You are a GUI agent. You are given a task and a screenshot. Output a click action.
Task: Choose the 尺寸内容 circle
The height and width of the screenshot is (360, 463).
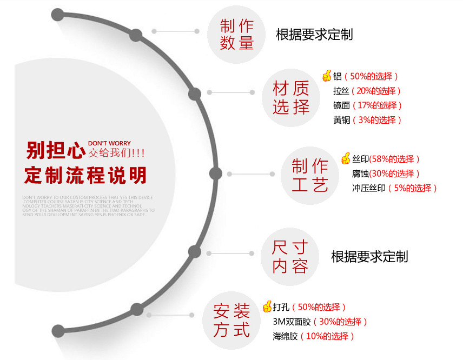[x=290, y=257]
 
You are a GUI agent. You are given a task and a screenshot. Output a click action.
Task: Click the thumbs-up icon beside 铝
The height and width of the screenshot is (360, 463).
[x=327, y=76]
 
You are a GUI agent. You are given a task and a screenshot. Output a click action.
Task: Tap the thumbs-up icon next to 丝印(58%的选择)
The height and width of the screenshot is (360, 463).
[x=346, y=158]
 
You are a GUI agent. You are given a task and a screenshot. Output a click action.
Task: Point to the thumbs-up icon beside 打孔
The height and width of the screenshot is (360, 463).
[x=267, y=307]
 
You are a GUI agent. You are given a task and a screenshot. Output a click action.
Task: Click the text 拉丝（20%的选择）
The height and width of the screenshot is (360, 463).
[x=367, y=91]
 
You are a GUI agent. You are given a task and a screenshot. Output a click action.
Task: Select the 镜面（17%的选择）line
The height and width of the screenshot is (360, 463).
[x=368, y=105]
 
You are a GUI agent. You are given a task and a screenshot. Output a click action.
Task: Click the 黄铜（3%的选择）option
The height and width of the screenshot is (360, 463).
[x=367, y=120]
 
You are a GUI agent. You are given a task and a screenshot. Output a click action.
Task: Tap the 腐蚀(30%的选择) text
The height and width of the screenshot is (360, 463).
[x=386, y=174]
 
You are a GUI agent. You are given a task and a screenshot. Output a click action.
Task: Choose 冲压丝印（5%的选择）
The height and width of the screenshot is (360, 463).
[x=394, y=188]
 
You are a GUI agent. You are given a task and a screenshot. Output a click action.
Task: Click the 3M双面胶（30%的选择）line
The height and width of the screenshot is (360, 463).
[x=320, y=322]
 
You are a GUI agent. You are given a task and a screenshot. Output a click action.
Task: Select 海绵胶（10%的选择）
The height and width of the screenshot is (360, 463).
[x=314, y=336]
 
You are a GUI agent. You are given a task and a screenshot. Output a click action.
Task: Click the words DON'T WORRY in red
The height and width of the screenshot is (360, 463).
[x=109, y=143]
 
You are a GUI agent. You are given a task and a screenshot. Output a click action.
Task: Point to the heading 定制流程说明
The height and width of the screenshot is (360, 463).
[x=85, y=175]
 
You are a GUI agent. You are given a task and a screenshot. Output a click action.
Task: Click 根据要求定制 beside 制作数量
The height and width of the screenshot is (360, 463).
[x=314, y=35]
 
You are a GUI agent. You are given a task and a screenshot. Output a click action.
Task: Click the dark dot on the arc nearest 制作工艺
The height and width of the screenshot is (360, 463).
[x=215, y=174]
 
